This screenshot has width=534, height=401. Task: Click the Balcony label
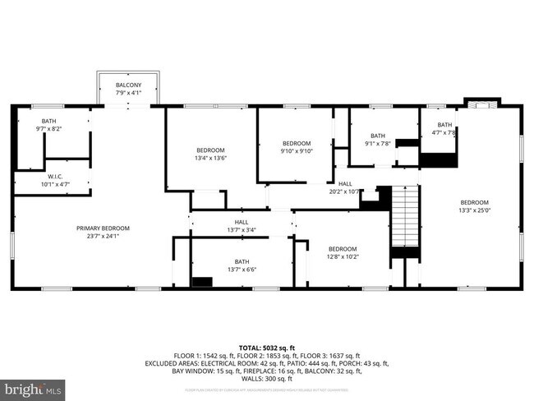(x=127, y=85)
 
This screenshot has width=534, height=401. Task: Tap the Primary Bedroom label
(x=103, y=228)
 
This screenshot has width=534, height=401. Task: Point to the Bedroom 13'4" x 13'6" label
(x=210, y=150)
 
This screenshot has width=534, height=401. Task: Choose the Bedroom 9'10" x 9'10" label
(x=296, y=143)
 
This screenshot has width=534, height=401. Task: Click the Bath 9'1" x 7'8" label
(x=377, y=136)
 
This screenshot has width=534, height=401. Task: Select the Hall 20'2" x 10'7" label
(x=345, y=184)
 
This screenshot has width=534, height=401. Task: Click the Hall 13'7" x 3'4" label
(x=241, y=222)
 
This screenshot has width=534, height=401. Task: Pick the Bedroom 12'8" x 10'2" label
(x=342, y=249)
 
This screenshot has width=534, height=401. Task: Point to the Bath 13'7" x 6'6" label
(x=241, y=262)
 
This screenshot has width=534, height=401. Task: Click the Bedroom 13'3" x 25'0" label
(x=474, y=203)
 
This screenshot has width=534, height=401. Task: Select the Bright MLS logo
(x=33, y=387)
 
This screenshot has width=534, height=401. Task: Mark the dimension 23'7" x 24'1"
(x=103, y=237)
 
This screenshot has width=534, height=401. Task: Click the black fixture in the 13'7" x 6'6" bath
(x=201, y=282)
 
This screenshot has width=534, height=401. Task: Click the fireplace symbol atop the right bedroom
(x=480, y=104)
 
